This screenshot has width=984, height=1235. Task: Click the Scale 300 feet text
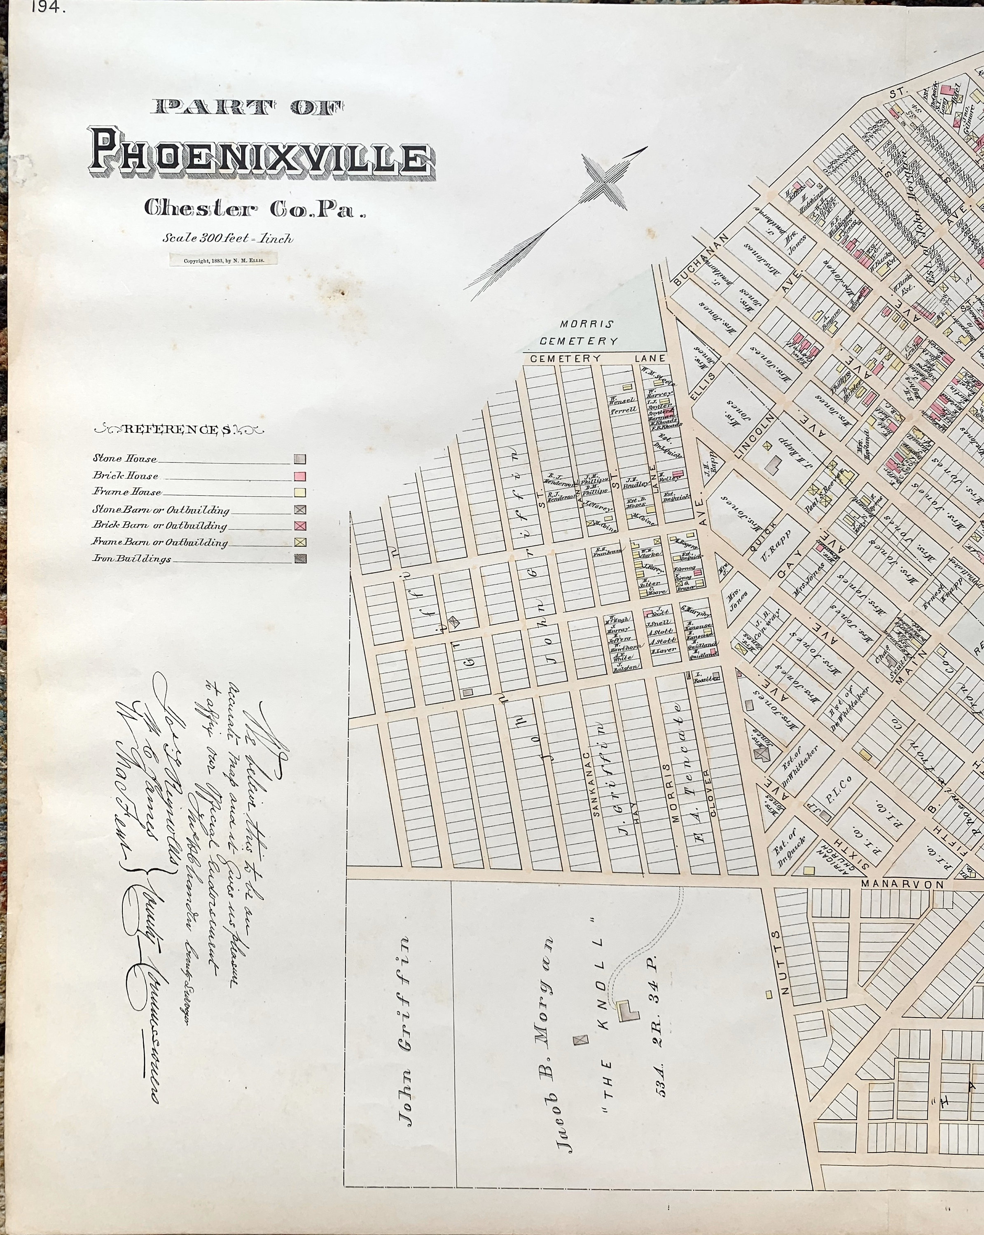(227, 238)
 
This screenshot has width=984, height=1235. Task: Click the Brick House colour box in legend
(300, 476)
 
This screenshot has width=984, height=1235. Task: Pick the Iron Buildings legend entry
(132, 559)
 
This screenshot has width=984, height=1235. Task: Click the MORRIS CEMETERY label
(579, 333)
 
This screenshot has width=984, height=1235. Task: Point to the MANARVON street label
(902, 884)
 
